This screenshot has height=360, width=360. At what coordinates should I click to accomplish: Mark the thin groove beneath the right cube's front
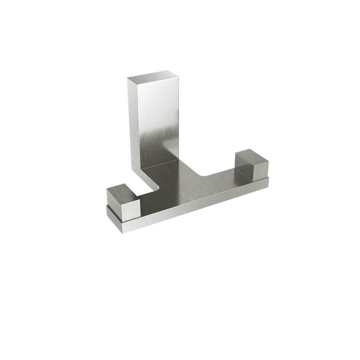click(x=261, y=179)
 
